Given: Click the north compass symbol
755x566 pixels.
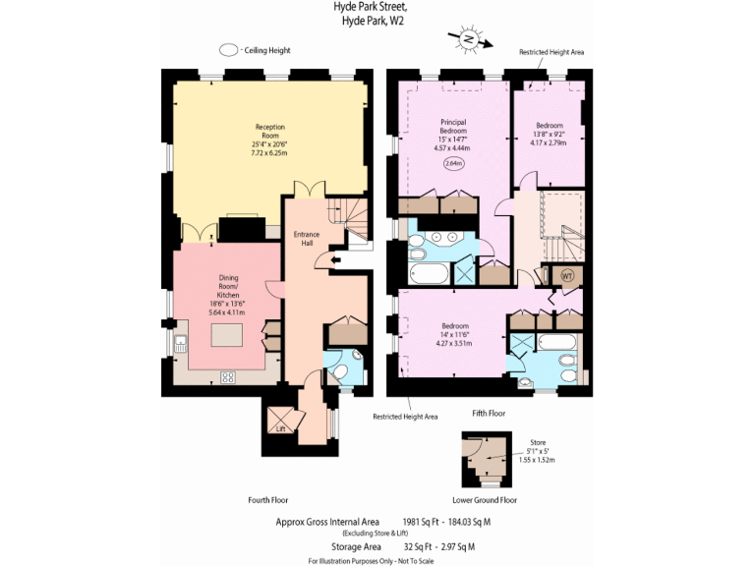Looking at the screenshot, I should pos(469,39).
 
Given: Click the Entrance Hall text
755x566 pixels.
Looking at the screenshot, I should pos(308,239).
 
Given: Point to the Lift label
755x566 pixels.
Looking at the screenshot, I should pos(281,428).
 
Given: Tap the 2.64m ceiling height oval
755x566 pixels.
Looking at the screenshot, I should pos(453,163).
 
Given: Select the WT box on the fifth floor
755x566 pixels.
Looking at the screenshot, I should pos(566,276).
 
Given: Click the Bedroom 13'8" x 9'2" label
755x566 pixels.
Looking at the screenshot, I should pos(549,134).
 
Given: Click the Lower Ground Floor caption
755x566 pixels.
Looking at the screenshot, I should pos(485,500).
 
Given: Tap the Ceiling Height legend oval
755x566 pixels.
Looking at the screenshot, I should pos(228,50).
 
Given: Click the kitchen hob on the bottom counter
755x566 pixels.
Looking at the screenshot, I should pos(227,375).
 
